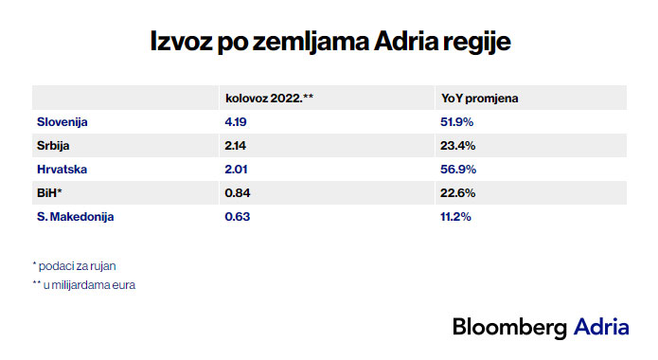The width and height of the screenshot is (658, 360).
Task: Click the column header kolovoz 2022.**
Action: click(269, 98)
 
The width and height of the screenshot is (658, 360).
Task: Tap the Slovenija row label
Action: click(62, 121)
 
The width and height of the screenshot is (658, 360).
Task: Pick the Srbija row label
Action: click(54, 145)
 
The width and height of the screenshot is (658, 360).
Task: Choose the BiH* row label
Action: click(49, 192)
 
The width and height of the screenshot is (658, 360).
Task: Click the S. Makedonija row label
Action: click(75, 216)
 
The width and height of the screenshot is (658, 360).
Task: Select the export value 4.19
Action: click(235, 121)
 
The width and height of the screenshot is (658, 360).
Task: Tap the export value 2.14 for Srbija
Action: click(235, 145)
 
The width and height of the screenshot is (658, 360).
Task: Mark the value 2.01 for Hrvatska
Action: click(235, 169)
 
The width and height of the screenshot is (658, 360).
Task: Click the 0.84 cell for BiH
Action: click(237, 192)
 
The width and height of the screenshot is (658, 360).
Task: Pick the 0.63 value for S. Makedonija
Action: click(236, 216)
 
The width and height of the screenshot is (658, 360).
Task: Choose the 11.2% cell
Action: click(456, 216)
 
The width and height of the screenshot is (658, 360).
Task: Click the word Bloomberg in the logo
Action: click(509, 327)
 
